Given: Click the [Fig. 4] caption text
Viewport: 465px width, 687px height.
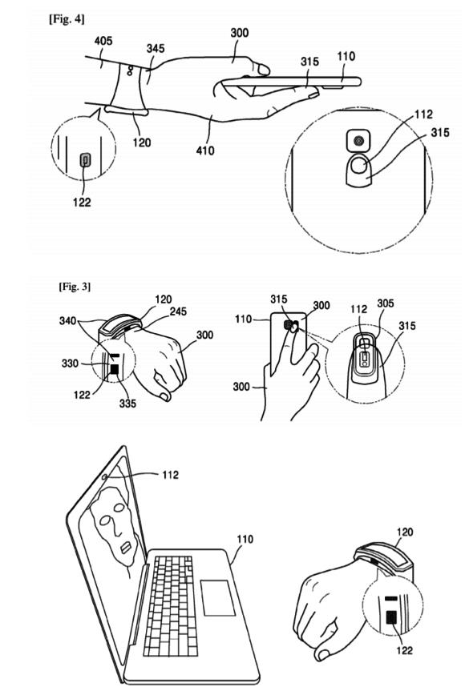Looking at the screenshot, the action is tap(67, 19).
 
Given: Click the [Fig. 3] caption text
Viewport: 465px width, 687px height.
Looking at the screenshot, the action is tap(75, 287).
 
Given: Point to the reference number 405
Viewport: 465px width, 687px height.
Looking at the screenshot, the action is tap(103, 41).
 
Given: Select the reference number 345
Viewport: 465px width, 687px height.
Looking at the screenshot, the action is tap(156, 48).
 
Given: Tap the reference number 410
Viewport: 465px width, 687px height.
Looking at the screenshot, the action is tap(205, 151).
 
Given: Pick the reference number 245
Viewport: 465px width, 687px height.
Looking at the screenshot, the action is tap(178, 311).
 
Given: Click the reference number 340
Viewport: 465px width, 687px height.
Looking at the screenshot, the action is tap(68, 321).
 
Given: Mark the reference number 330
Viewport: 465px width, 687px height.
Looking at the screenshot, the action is tap(70, 364).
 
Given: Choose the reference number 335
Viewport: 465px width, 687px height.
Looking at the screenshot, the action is tap(127, 403).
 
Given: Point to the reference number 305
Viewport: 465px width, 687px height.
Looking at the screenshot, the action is tap(385, 303).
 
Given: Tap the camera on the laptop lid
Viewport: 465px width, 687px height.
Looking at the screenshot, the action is tap(104, 477).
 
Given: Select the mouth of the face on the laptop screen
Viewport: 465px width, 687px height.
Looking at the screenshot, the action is tap(125, 548).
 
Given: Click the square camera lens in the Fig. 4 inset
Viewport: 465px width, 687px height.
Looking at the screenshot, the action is tap(359, 141).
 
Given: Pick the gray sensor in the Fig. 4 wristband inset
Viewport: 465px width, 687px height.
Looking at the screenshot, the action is tap(86, 160).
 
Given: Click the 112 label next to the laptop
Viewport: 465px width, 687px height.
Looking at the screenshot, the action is tap(170, 475).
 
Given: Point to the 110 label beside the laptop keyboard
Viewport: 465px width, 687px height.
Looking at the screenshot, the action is tap(245, 540).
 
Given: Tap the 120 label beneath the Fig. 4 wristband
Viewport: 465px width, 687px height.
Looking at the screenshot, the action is tap(141, 143).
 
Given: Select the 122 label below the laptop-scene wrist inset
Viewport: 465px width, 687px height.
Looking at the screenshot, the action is tap(404, 649).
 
